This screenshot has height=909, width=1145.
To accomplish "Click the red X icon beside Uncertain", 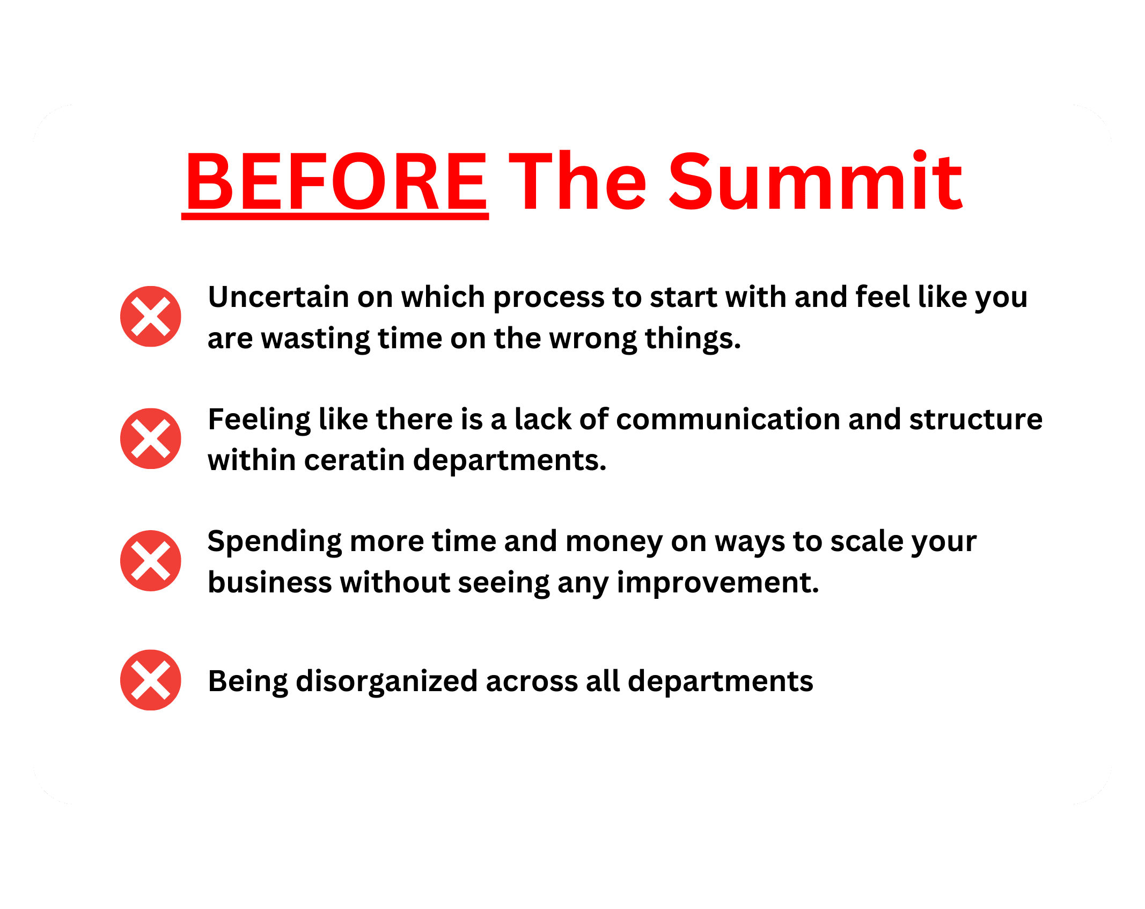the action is (151, 316).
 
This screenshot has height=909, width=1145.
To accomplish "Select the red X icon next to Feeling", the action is (151, 438).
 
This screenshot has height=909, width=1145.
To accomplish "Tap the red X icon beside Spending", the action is (151, 561).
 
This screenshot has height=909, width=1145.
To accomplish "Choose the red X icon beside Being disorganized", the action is (151, 680).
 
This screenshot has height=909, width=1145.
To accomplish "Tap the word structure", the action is (976, 419).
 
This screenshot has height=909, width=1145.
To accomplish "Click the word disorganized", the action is (387, 682).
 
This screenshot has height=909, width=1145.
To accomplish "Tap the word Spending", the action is (275, 543).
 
